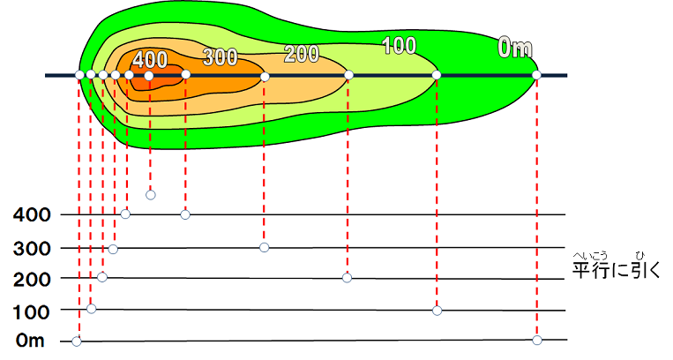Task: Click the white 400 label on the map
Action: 150,60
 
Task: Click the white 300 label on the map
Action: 220,58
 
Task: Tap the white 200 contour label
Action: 302,53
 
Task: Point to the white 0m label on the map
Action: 515,49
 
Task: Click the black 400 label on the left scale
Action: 31,214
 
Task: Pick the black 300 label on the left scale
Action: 31,248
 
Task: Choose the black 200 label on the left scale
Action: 31,279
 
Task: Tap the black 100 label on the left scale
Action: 31,311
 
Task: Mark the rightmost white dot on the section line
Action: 536,75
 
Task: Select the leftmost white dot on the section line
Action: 80,75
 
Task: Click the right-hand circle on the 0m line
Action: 537,340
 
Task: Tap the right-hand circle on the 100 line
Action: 437,311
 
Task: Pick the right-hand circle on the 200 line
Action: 347,278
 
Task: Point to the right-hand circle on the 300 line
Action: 265,247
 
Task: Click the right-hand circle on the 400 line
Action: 185,214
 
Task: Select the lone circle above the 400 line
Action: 150,195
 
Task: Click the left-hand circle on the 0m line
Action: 77,341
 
